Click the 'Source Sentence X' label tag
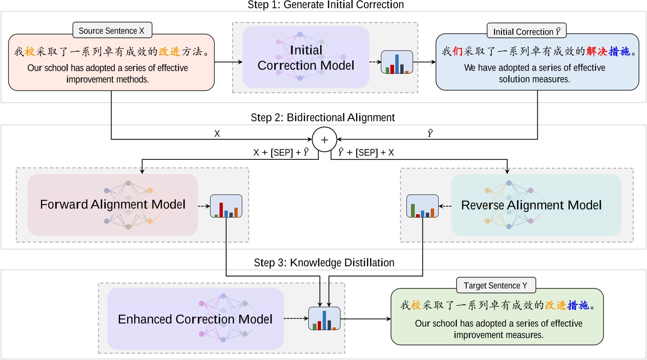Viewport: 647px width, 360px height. coord(111,31)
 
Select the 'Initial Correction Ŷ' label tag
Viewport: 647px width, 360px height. coord(527,31)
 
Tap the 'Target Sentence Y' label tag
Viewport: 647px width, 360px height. coord(496,285)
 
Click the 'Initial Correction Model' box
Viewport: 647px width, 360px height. coord(306,58)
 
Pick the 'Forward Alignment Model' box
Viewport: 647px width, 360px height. coord(113,205)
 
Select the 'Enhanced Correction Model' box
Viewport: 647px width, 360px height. coord(195,319)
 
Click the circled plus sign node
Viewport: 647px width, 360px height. coord(324,140)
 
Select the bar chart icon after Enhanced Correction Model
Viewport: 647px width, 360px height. coord(324,319)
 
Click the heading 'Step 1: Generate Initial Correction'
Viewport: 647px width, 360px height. coord(326,5)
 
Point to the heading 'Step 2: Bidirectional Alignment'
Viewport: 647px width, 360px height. coord(323,118)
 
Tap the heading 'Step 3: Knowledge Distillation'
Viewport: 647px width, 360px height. coord(324,263)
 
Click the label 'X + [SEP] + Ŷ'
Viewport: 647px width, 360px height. coord(281,153)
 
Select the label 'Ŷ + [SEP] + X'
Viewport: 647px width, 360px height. coord(366,153)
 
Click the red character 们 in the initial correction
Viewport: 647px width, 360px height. coord(457,52)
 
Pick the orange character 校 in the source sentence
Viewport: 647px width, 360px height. coord(30,52)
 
